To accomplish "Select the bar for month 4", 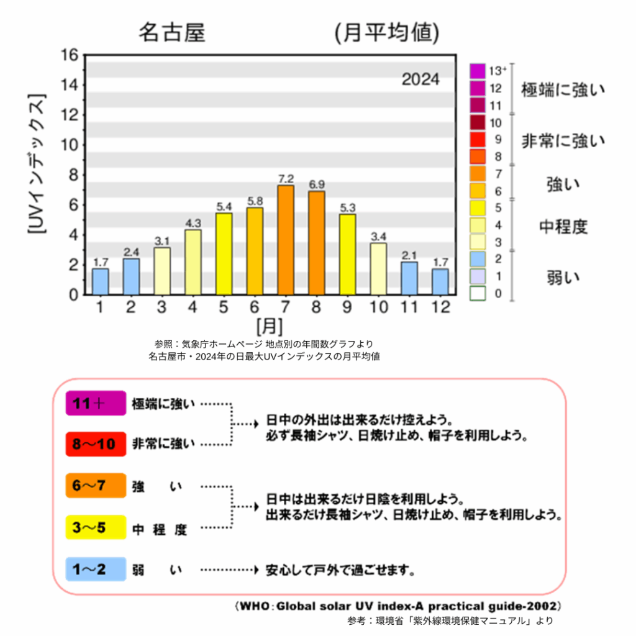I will (x=193, y=262).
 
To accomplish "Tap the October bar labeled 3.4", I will (x=378, y=268).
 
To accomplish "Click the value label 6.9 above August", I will (x=317, y=184).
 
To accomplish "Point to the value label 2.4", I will (x=132, y=252).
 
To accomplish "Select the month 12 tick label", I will (x=440, y=307).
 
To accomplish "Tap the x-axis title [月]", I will (x=270, y=325).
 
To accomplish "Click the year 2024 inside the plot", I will (x=420, y=79).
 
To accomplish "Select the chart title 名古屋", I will (x=171, y=33).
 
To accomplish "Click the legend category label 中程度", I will (x=563, y=227).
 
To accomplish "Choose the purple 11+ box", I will (x=96, y=403).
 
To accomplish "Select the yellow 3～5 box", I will (x=96, y=527).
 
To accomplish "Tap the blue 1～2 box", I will (x=96, y=569).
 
